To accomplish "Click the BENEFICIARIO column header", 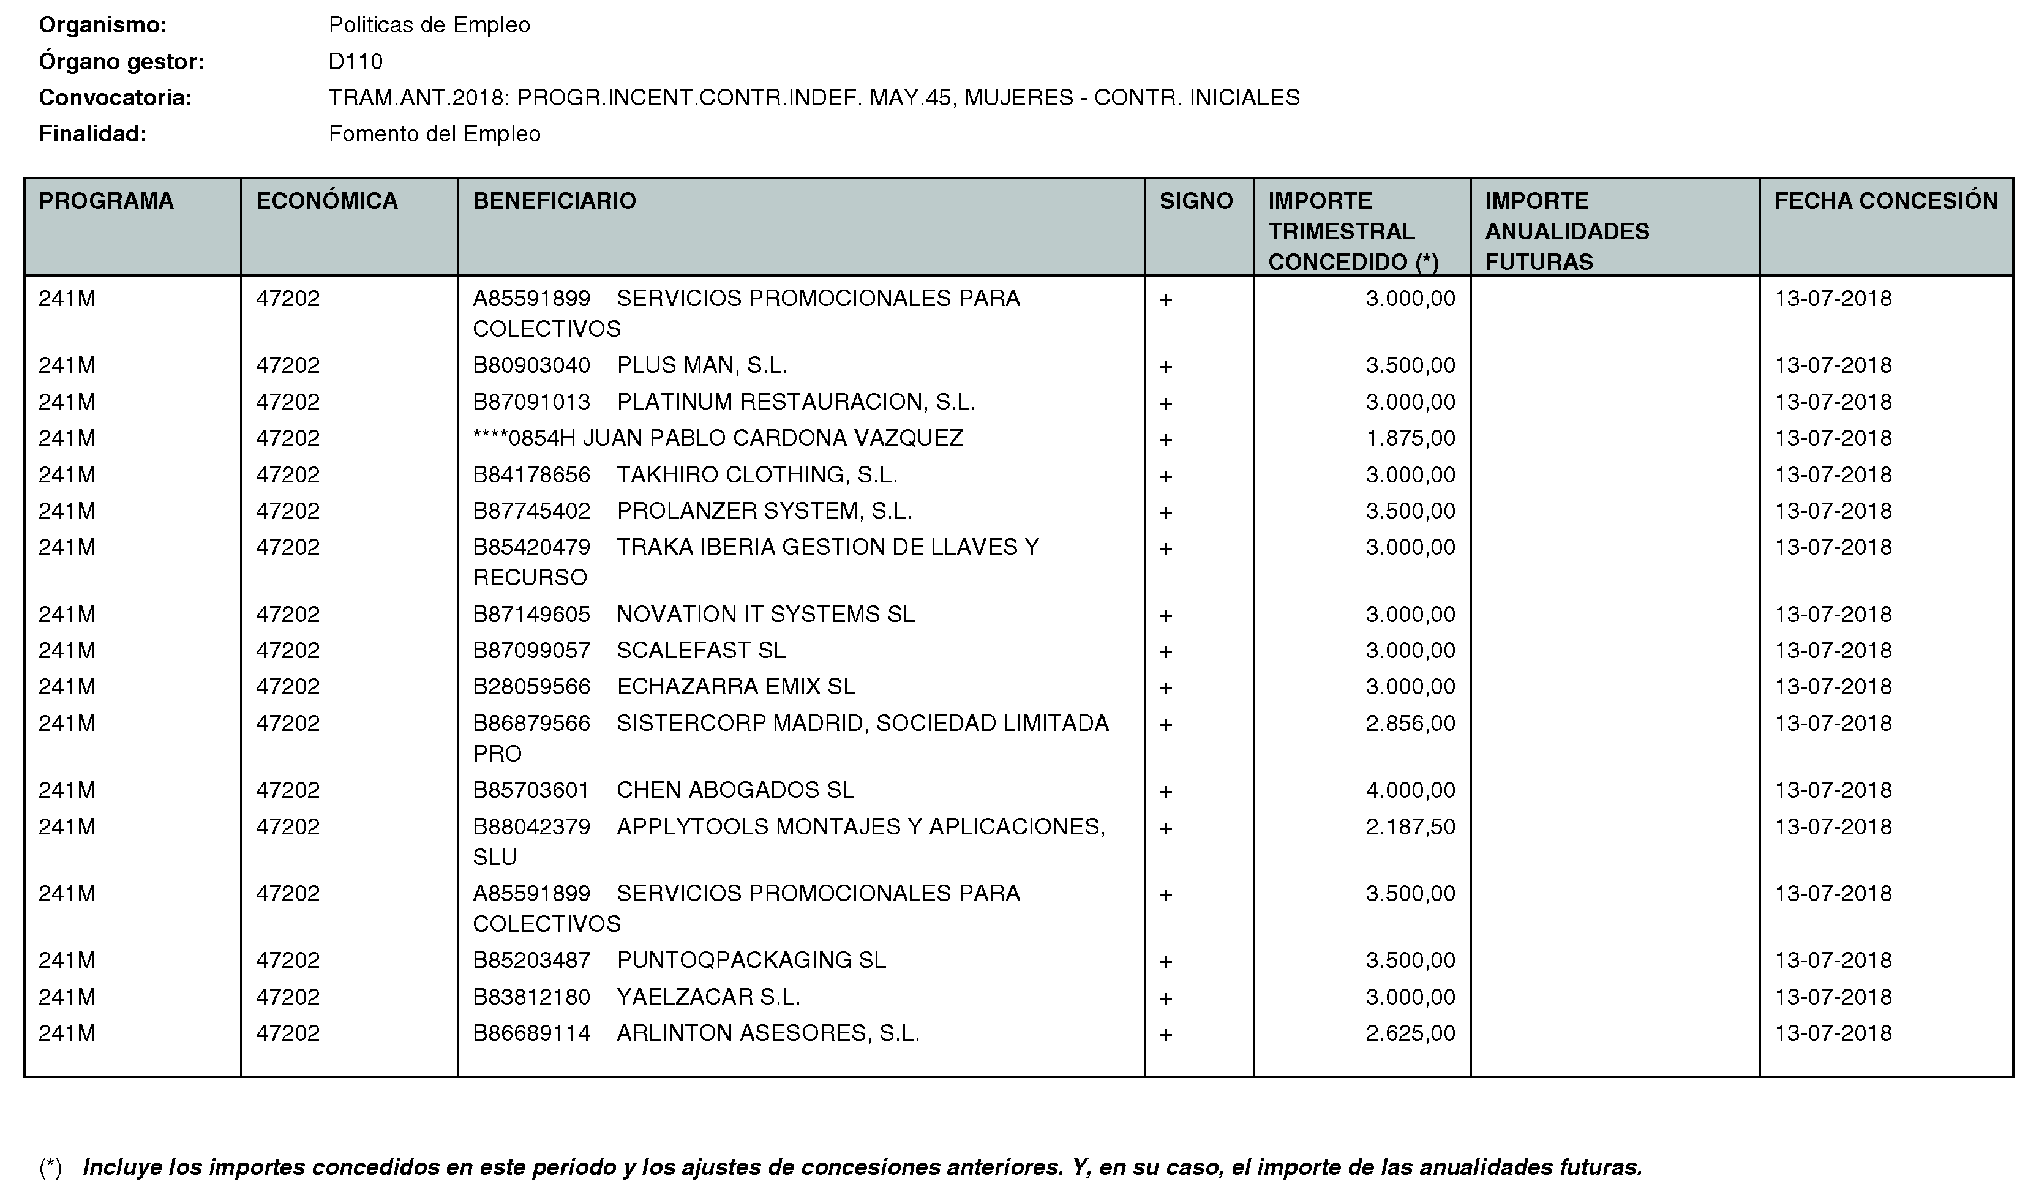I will click(554, 201).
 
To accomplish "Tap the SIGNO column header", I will click(1196, 201).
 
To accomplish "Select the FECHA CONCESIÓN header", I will click(1885, 201).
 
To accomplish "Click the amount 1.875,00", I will click(1410, 438).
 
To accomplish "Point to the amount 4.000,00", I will click(1410, 790).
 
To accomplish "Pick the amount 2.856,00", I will click(1410, 723).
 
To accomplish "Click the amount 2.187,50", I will click(1410, 826).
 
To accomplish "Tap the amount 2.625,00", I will click(1410, 1033).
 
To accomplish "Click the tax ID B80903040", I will click(531, 365).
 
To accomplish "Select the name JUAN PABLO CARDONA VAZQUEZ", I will click(772, 438).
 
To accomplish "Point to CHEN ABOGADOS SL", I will click(735, 790).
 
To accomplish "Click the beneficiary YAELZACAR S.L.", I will click(708, 997).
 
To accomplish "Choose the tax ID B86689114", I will click(531, 1033).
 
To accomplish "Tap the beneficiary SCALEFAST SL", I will click(700, 651).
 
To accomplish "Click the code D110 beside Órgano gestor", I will click(355, 62).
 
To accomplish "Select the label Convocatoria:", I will click(115, 98).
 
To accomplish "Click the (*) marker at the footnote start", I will click(50, 1167).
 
